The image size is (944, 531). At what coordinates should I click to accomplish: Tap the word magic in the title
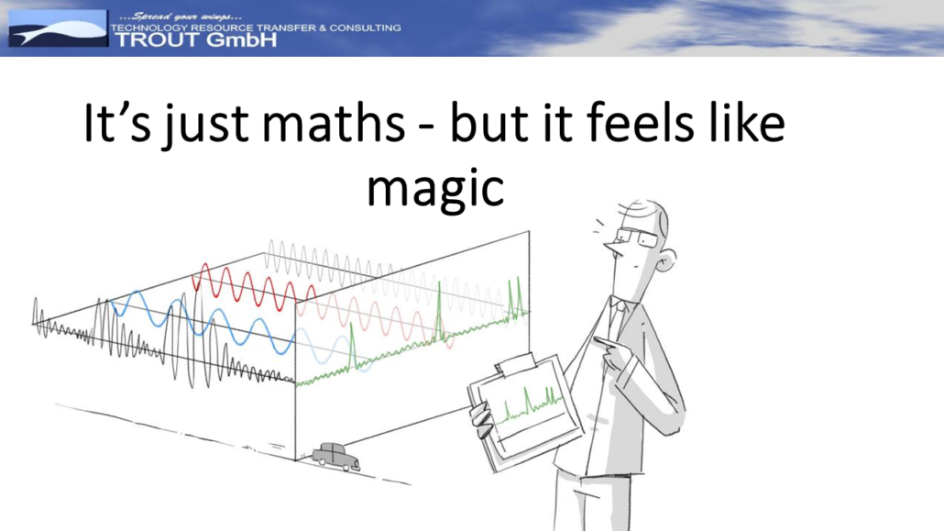(x=435, y=189)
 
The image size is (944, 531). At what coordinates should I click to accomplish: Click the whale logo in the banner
(x=58, y=28)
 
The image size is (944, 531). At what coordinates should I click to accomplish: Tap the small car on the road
(x=336, y=457)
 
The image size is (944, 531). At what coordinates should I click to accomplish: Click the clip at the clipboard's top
(x=515, y=365)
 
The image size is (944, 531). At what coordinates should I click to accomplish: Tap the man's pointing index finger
(x=606, y=344)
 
